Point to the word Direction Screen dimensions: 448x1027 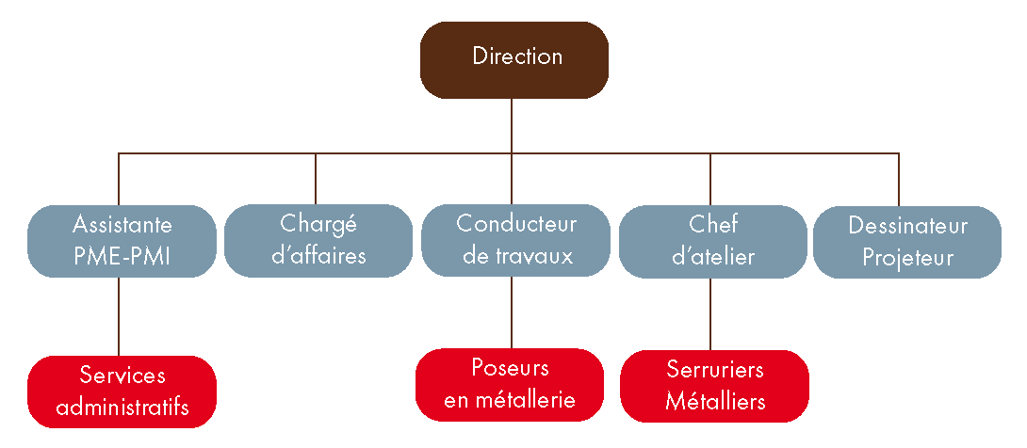click(517, 56)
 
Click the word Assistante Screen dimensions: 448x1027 click(122, 226)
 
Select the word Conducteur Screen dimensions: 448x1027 click(516, 224)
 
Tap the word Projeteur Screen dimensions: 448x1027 click(907, 257)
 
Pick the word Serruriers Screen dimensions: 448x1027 click(715, 368)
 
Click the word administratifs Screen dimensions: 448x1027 click(122, 408)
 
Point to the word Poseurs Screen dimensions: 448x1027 click(510, 367)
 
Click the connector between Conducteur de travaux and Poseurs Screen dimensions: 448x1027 click(512, 313)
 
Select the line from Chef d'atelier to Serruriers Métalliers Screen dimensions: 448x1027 click(709, 313)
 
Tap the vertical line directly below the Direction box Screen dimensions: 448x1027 click(512, 124)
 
